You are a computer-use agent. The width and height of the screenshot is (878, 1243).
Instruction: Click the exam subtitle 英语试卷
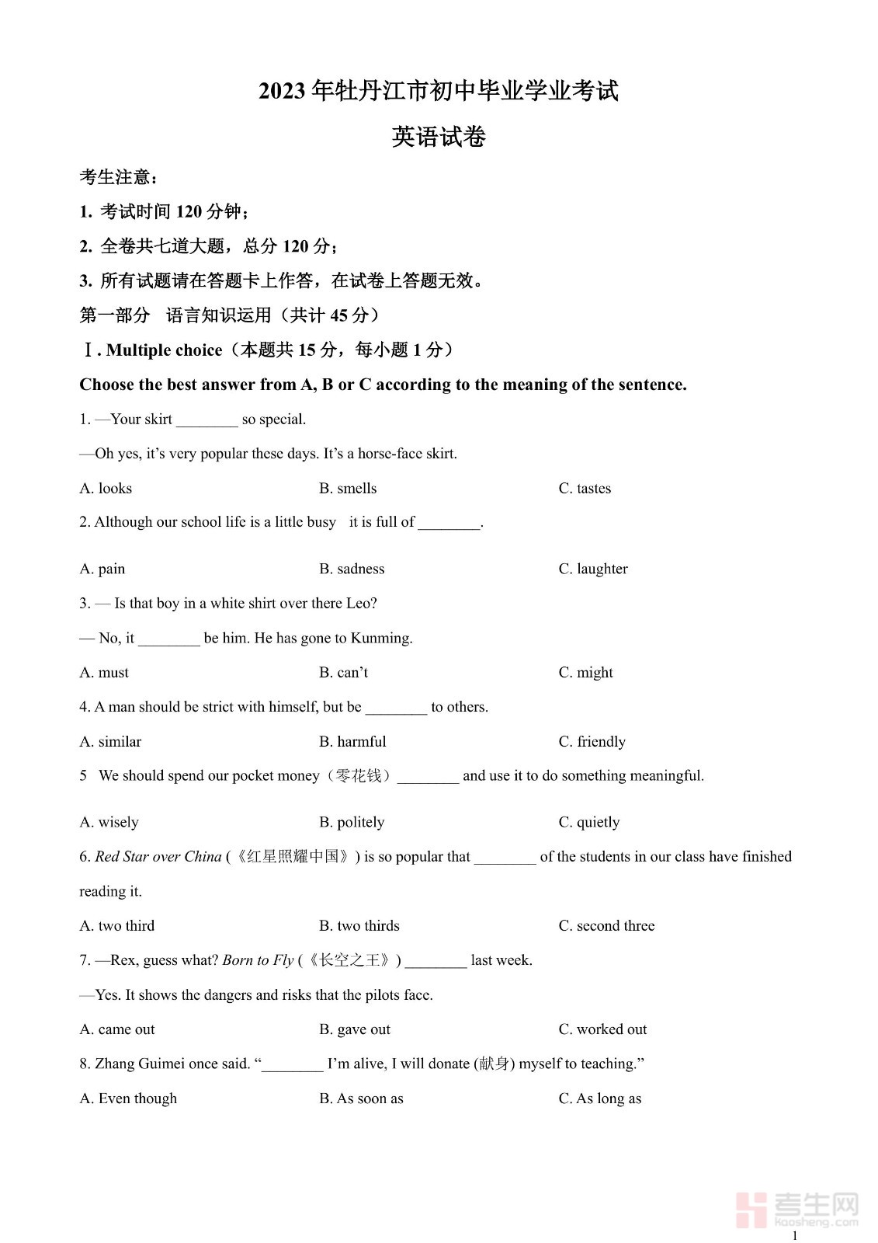439,138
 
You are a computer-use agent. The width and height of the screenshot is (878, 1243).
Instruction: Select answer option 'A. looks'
106,489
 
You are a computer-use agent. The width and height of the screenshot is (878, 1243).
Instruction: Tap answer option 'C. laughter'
593,569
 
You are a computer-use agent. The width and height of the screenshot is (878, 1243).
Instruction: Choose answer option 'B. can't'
343,673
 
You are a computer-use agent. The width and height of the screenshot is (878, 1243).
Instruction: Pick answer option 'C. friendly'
592,742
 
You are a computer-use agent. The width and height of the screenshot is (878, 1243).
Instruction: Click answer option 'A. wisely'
109,823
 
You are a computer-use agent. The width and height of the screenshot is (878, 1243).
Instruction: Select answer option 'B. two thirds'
359,926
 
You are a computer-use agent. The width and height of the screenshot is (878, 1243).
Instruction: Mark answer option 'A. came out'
117,1029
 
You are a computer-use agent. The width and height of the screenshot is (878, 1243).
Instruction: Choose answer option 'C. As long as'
599,1099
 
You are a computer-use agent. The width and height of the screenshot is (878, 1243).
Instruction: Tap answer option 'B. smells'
348,489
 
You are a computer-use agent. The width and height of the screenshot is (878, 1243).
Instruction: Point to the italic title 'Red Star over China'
158,857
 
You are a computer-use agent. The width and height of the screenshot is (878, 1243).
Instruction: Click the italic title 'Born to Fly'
258,960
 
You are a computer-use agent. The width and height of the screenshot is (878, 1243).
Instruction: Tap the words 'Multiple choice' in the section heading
164,350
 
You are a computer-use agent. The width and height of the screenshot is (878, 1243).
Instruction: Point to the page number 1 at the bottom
794,1235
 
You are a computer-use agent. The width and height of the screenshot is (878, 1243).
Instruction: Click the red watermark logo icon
751,1210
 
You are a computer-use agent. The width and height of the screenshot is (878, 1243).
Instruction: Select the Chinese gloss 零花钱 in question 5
358,776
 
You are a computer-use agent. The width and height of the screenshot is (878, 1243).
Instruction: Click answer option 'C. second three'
606,926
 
